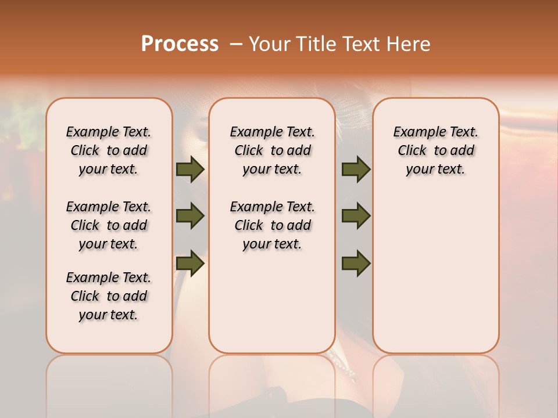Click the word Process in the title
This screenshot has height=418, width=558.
pos(180,44)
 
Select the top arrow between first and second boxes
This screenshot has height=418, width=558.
pos(190,169)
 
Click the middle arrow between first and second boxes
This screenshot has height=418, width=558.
pos(190,217)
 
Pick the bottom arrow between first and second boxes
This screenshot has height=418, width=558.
pos(190,264)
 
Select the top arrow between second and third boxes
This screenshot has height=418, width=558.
pos(356,169)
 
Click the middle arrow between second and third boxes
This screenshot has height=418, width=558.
pos(356,217)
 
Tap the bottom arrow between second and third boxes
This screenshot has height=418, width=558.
pos(356,264)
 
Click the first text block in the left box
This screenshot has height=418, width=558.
pos(109,150)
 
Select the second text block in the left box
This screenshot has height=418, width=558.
pos(109,225)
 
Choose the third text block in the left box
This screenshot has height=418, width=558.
pos(109,296)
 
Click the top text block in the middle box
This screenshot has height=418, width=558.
pos(272,150)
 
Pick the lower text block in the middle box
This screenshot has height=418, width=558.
pos(272,225)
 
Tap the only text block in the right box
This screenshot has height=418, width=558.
pos(435,150)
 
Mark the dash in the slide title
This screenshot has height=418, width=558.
pos(235,44)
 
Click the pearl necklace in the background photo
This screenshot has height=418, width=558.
pos(343,367)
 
